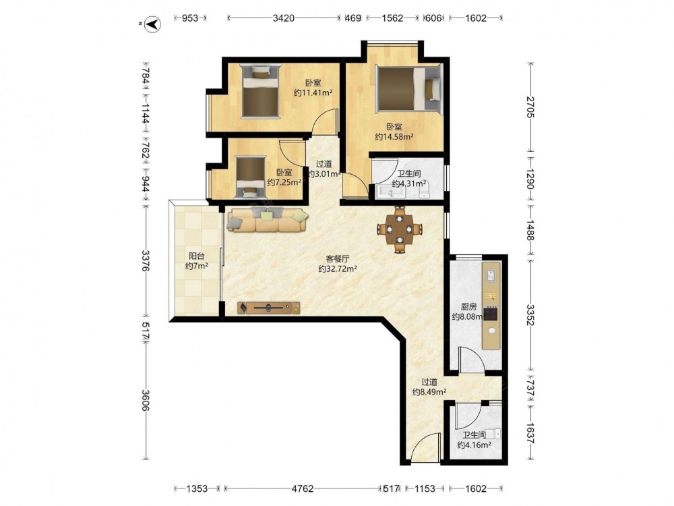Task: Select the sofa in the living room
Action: [x=268, y=220]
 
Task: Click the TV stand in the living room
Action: [x=269, y=308]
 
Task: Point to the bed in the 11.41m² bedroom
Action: [x=260, y=90]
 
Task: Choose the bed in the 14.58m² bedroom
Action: [x=408, y=89]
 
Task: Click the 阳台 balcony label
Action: [x=196, y=256]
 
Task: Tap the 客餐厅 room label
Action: [x=337, y=259]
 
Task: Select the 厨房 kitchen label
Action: [x=468, y=307]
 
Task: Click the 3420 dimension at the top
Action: [x=284, y=18]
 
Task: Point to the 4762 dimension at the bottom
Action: [x=303, y=488]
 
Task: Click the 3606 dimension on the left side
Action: [x=146, y=400]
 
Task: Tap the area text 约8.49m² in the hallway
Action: [x=429, y=392]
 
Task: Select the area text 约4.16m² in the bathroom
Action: [x=474, y=445]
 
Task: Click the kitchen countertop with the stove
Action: [x=491, y=305]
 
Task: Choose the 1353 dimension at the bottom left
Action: [x=197, y=488]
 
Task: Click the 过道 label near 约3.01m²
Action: [x=324, y=164]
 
